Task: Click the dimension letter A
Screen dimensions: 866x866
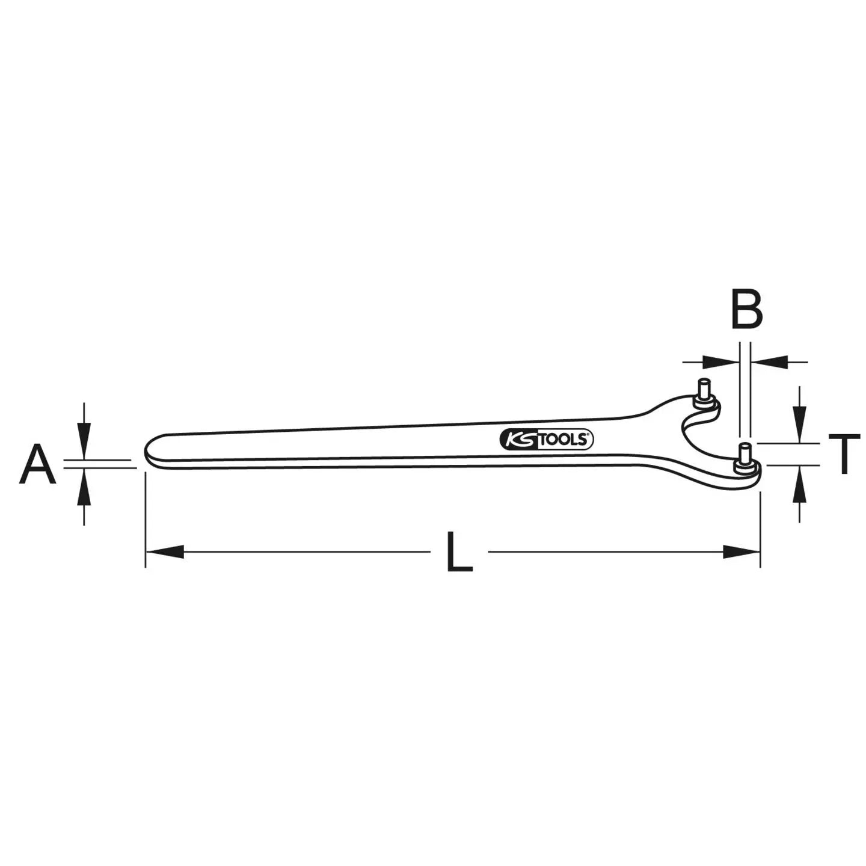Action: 37,465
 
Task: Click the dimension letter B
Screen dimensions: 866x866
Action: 746,310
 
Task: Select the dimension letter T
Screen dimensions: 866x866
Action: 844,455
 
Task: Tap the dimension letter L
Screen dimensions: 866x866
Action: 459,551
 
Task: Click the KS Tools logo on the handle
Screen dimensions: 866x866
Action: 546,440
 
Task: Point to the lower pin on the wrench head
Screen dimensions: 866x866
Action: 745,455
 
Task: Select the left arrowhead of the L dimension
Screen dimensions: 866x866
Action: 165,551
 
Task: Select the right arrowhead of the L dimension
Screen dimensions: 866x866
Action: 742,551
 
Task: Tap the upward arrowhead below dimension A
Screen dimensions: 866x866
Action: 84,488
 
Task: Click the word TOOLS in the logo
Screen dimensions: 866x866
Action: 562,440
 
